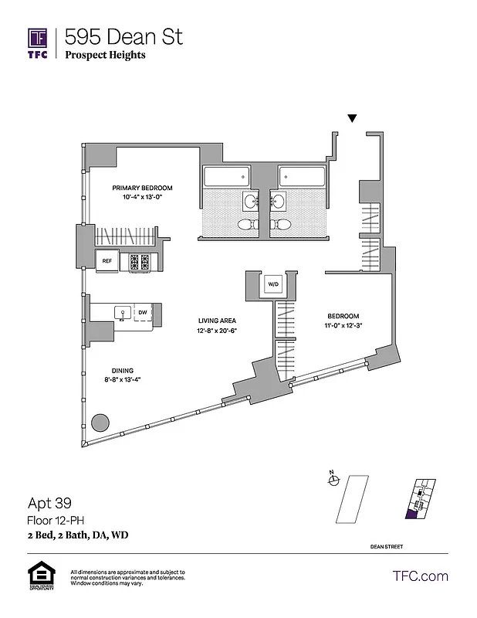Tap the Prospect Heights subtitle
105,55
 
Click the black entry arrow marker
352,118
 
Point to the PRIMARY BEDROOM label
142,188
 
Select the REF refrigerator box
108,261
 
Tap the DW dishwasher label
142,313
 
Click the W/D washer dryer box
273,284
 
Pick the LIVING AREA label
217,321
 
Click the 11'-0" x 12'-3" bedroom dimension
343,325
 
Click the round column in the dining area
100,423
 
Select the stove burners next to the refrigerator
139,262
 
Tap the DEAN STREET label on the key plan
386,546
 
